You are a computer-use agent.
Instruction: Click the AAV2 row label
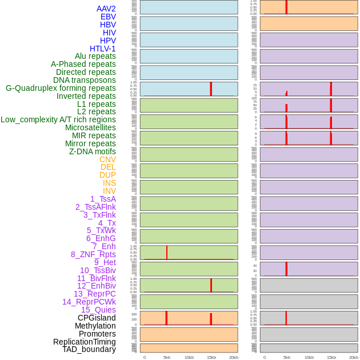point(106,9)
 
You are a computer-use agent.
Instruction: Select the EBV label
point(108,17)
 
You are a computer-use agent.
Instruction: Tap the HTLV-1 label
point(103,49)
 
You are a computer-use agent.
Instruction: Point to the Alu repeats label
point(95,57)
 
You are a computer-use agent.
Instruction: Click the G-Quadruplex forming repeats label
point(61,88)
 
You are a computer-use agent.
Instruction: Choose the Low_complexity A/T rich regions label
point(58,119)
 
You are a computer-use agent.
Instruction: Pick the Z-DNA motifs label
point(93,151)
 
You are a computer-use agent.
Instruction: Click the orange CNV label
point(107,159)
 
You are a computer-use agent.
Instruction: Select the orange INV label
point(109,191)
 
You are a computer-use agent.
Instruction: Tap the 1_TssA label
point(103,199)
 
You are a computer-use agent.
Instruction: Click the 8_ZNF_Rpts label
point(93,254)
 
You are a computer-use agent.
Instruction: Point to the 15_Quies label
point(98,310)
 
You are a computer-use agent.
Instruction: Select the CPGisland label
point(97,318)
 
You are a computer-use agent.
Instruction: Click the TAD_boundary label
point(89,349)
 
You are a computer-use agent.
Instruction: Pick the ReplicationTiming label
point(85,342)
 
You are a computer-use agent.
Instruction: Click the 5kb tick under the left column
point(167,357)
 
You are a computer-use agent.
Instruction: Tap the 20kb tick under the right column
point(354,357)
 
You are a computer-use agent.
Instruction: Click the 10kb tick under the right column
point(309,357)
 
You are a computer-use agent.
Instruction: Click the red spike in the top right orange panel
point(286,7)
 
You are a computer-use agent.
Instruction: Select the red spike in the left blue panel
point(211,89)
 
